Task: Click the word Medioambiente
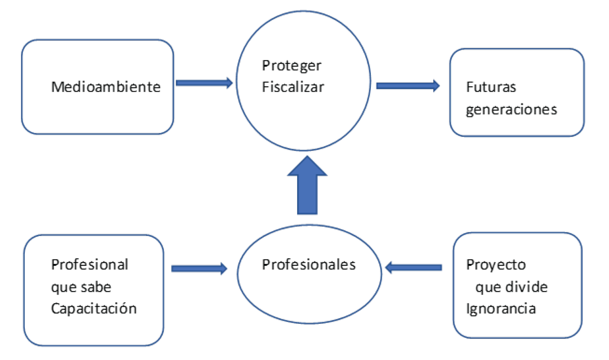pos(106,87)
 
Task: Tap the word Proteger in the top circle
pos(291,66)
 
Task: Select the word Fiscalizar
pos(293,87)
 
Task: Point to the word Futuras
pos(491,87)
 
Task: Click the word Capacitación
pos(94,309)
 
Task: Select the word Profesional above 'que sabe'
pos(89,265)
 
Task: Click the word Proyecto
pos(496,265)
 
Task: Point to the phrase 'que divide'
pos(511,287)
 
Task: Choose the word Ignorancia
pos(501,309)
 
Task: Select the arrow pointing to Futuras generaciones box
pos(408,86)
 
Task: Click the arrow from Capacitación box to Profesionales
pos(199,268)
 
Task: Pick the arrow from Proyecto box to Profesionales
pos(414,267)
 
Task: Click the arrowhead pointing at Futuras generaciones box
pos(435,86)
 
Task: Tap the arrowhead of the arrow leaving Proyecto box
pos(390,267)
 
